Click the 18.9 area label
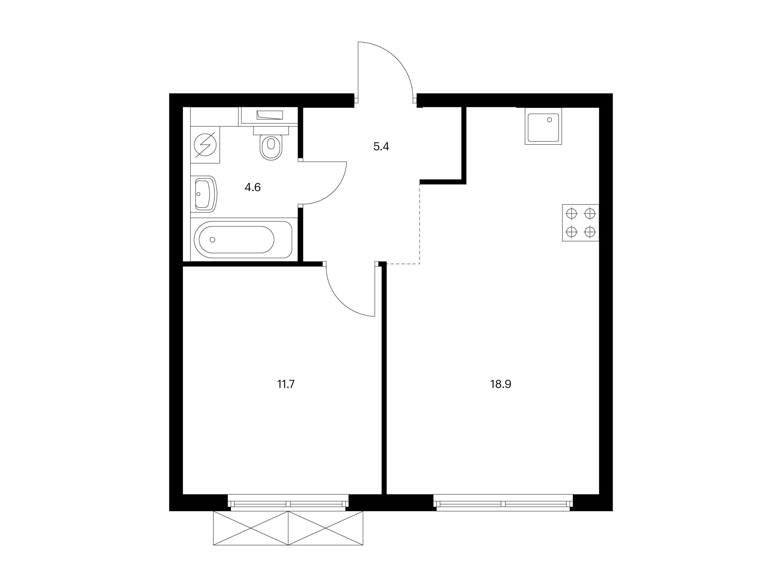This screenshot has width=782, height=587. click(x=500, y=384)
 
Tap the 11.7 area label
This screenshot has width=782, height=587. click(x=286, y=384)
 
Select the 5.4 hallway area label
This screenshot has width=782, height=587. click(x=381, y=146)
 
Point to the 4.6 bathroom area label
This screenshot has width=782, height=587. click(x=252, y=187)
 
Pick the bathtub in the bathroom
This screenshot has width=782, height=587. click(x=243, y=240)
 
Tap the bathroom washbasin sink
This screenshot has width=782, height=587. click(x=206, y=194)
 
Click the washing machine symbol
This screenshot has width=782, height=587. click(x=205, y=145)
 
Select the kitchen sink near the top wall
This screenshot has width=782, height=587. click(x=543, y=126)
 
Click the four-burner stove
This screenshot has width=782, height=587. click(x=580, y=223)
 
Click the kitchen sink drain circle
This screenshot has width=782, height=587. click(x=549, y=120)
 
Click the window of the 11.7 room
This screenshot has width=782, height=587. click(x=288, y=503)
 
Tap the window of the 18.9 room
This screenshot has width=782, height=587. click(x=503, y=503)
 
